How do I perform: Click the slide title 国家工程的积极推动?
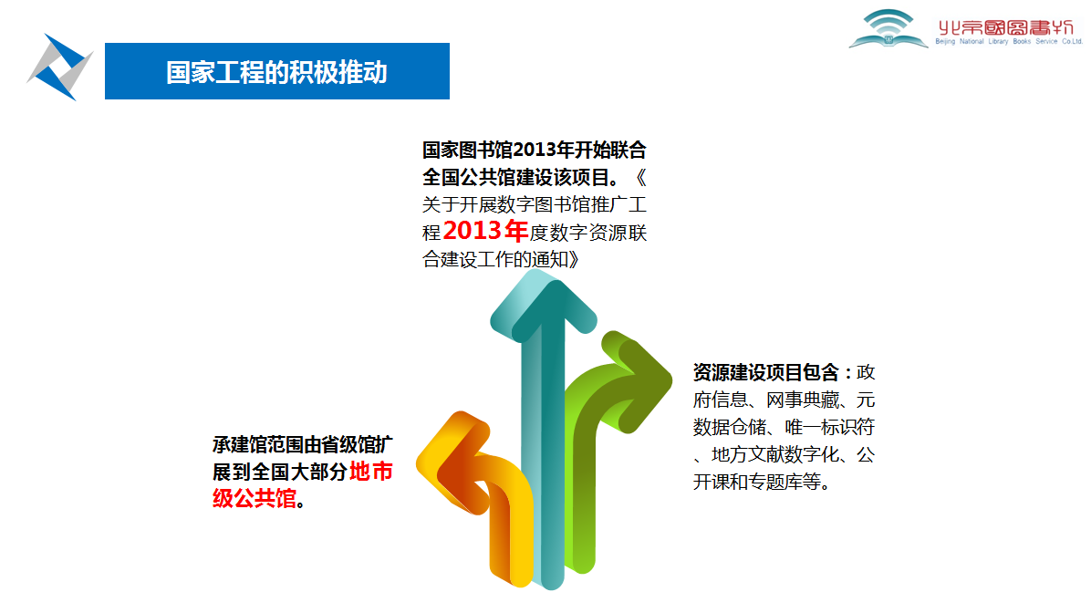coord(276,72)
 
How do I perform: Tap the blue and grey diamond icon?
coord(60,68)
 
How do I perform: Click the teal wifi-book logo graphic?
coord(888,28)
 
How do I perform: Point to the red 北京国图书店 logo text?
coord(1006,27)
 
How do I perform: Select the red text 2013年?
coord(485,230)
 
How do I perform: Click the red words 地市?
coord(371,472)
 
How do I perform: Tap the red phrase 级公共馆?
coord(255,499)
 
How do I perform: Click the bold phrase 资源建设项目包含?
coord(766,373)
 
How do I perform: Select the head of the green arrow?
coord(637,379)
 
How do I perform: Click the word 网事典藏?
coord(803,400)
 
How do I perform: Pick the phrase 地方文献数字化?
coord(775,455)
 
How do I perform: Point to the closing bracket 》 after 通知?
coord(574,260)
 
